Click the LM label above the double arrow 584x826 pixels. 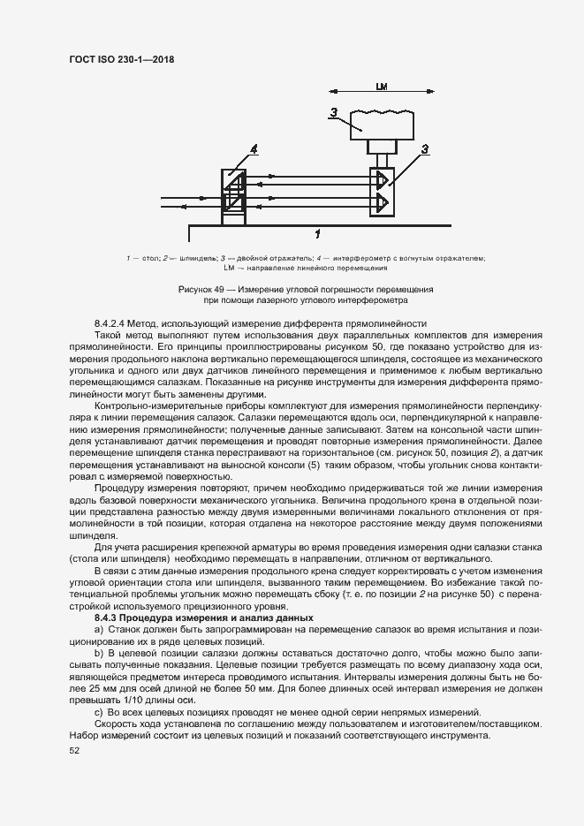382,87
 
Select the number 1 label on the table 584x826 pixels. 317,233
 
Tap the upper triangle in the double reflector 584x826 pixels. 382,180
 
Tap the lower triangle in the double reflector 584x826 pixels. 382,203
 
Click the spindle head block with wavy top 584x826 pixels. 382,124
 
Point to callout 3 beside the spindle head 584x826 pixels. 333,111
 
